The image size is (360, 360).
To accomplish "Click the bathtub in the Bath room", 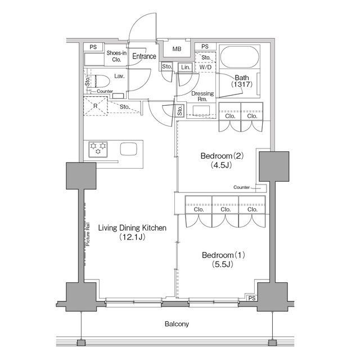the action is point(240,56).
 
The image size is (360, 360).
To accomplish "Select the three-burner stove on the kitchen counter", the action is point(98,149).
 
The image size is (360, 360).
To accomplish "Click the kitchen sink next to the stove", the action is point(129,149).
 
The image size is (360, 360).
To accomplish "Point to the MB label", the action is point(177,49).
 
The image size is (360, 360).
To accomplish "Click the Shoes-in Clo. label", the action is point(116,56).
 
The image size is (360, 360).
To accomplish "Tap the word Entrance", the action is point(144,56).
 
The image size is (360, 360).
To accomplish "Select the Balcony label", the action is point(177,324).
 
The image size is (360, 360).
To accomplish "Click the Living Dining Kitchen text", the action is point(132,228).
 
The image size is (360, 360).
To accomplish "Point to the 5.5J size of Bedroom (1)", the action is point(223,264).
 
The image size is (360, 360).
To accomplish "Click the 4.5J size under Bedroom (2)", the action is point(221,165).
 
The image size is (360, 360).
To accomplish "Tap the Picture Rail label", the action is point(88,234).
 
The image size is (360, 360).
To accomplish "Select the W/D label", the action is point(205,67).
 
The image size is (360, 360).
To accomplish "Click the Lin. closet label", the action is point(186,67).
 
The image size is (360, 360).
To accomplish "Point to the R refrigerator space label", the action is point(95,106).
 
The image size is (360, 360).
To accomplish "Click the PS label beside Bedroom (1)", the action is point(252,298).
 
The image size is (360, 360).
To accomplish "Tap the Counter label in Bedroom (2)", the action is point(241,187).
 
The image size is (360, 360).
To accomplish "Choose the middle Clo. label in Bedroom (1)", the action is point(226,209).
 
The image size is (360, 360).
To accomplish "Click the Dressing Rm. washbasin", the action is point(201,110).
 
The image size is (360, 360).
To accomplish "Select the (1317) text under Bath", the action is point(242,84).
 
